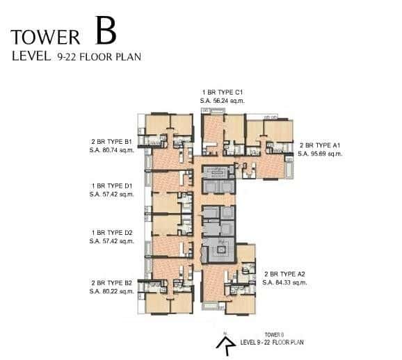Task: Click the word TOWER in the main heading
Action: pyautogui.click(x=46, y=36)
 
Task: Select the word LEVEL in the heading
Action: pyautogui.click(x=29, y=58)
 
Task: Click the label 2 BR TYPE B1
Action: pyautogui.click(x=111, y=142)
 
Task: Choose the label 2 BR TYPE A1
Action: pyautogui.click(x=319, y=145)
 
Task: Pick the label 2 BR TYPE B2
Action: pyautogui.click(x=111, y=284)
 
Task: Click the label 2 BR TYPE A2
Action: pyautogui.click(x=285, y=275)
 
